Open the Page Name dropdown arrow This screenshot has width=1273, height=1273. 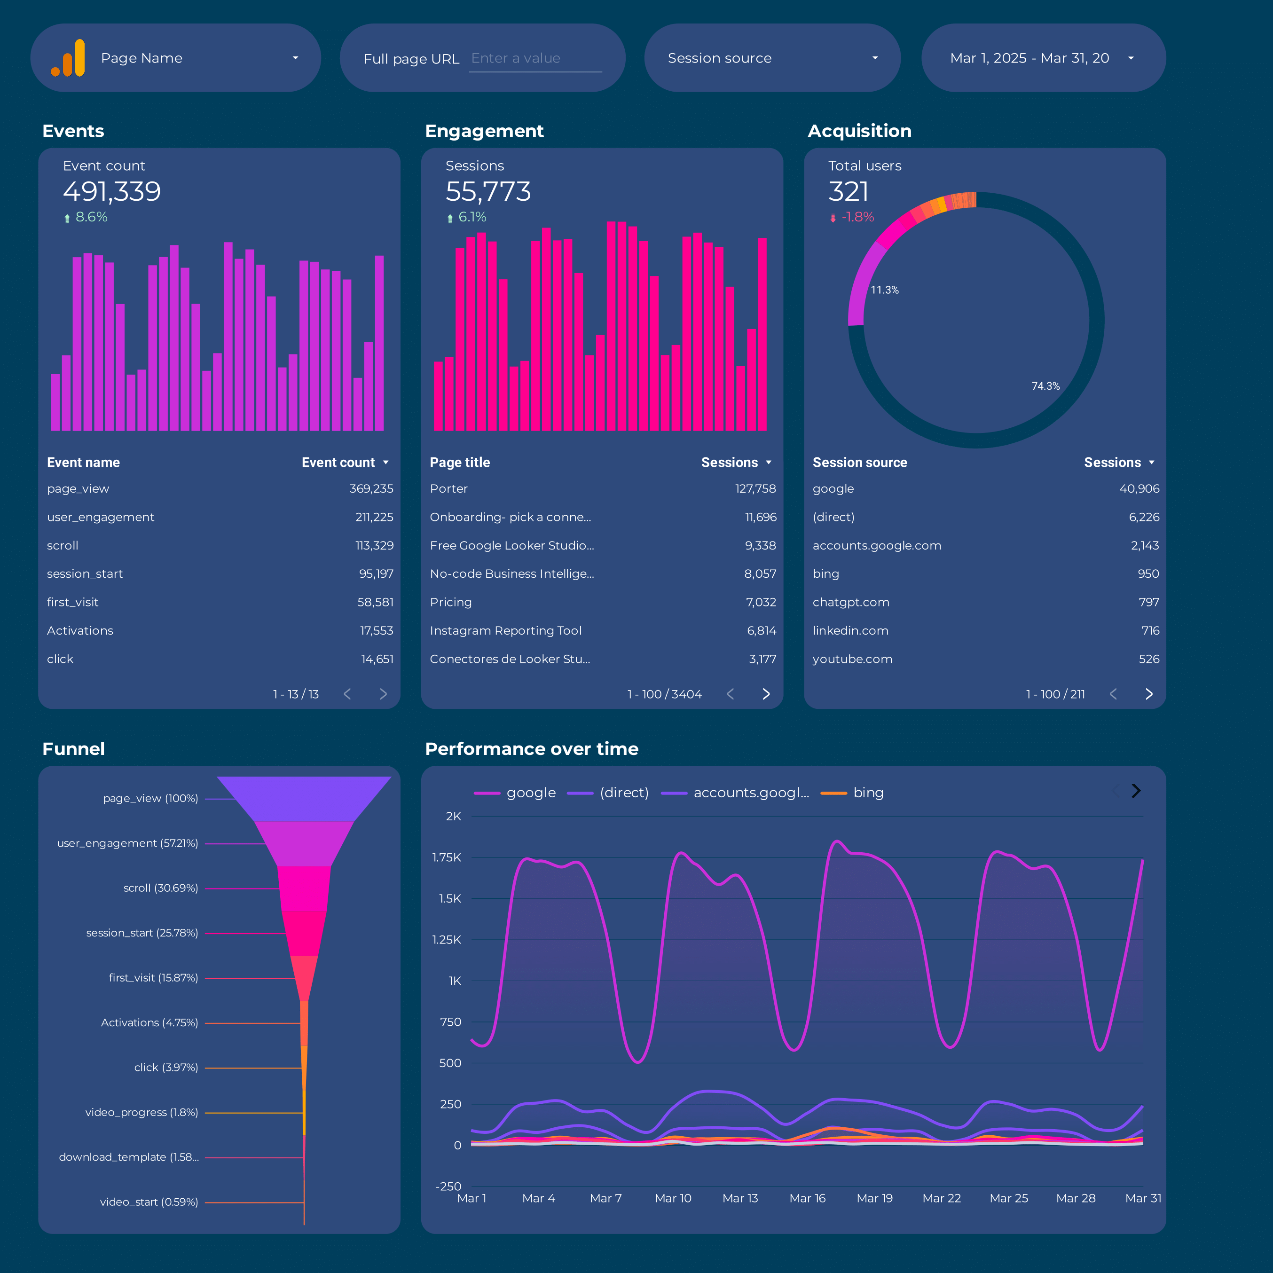click(295, 58)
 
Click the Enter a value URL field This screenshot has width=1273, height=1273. click(534, 59)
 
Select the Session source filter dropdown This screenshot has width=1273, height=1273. click(771, 58)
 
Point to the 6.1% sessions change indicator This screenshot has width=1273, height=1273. click(471, 217)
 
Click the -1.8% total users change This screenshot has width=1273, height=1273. click(857, 217)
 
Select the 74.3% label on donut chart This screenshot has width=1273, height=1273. click(1045, 386)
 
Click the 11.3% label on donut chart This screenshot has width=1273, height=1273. click(884, 290)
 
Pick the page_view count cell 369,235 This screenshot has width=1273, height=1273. click(371, 489)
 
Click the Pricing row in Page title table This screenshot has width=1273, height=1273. click(451, 602)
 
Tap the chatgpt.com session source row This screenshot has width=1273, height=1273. click(851, 602)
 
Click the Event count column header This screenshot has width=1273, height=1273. click(338, 463)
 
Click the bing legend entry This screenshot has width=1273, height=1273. click(867, 793)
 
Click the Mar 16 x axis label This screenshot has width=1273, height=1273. click(807, 1198)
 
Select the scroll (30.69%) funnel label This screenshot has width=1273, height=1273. click(161, 888)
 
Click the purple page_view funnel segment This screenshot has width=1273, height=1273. click(304, 798)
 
